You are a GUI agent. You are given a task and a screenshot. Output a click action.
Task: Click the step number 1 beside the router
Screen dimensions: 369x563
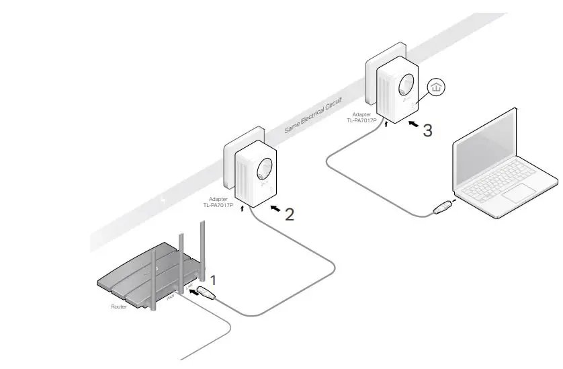214,279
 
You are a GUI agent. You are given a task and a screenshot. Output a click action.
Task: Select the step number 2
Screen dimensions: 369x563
290,214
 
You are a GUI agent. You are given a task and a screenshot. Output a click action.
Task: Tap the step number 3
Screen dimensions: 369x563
427,130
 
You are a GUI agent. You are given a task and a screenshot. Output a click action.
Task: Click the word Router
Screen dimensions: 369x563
118,306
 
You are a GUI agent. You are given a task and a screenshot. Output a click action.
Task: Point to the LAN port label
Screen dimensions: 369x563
189,288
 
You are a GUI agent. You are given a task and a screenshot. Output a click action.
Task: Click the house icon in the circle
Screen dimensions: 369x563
437,87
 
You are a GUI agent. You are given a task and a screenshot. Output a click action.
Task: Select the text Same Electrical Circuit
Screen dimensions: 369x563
313,115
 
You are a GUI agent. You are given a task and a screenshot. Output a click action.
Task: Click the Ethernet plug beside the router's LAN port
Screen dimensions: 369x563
206,293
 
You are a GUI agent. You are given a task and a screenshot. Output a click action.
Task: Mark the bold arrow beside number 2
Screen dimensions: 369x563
274,210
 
